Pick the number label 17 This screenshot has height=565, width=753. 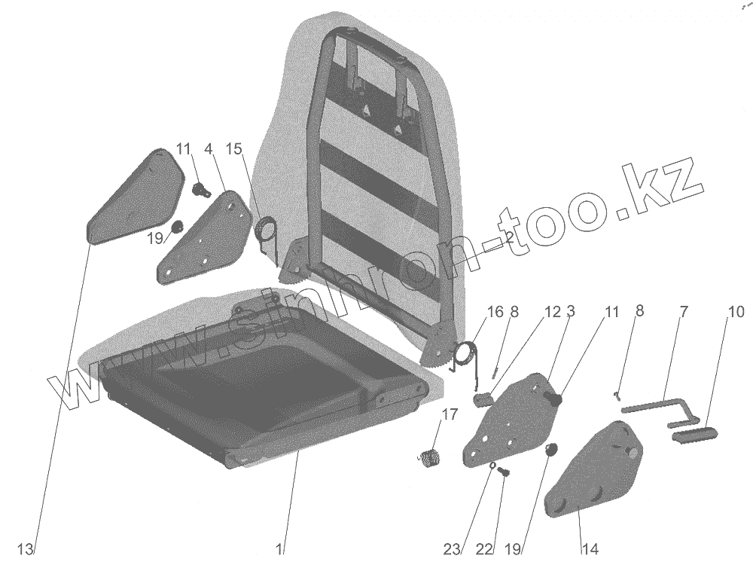click(x=450, y=414)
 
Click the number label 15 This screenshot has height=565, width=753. click(x=234, y=149)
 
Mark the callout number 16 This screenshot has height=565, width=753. click(x=494, y=311)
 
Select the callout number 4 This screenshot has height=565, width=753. click(x=208, y=149)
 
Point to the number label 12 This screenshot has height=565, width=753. click(x=553, y=311)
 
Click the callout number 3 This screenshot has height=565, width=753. click(x=572, y=311)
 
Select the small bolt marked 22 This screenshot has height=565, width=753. click(x=505, y=472)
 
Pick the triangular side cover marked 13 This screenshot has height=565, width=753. click(x=136, y=196)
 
